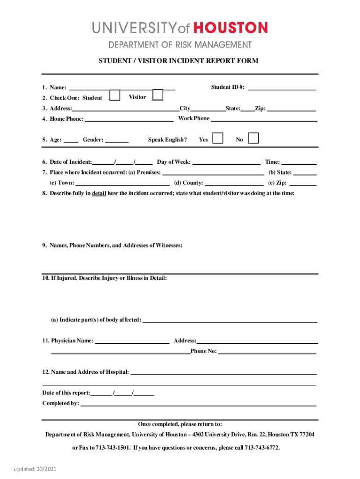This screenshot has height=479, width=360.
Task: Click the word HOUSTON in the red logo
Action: coord(230,28)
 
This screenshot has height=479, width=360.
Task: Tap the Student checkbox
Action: coord(115,95)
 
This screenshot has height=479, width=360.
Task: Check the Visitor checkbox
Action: coord(158,95)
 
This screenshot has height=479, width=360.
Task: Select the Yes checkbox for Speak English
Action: coord(217,138)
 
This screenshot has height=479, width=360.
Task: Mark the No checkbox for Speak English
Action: coord(253,138)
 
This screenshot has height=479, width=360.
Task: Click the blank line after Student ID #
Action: coord(281,87)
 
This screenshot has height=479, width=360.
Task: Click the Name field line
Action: coord(122,87)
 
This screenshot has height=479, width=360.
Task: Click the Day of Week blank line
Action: coord(226,162)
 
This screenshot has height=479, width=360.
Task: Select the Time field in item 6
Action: coord(299,162)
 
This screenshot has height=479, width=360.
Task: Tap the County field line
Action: coord(234,183)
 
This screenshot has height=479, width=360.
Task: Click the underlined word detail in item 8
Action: coord(98,193)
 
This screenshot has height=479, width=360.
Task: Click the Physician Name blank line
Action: coord(132,341)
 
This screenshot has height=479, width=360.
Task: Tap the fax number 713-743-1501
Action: coord(113,448)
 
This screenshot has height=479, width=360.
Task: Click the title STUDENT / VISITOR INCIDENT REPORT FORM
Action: coord(178,61)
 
